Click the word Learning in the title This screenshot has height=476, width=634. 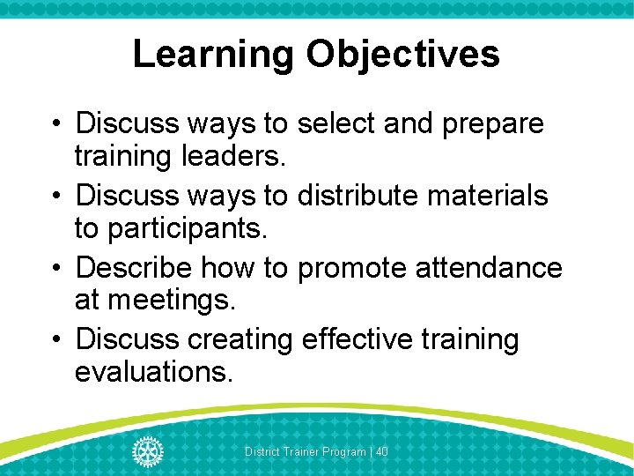click(214, 55)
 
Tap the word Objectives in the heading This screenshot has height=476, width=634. click(402, 55)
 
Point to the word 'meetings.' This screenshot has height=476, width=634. click(156, 301)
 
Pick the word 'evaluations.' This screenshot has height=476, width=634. click(154, 372)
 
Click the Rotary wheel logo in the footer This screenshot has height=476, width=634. click(148, 450)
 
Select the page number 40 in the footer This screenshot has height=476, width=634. click(382, 451)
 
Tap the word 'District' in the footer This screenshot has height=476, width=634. click(262, 451)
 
